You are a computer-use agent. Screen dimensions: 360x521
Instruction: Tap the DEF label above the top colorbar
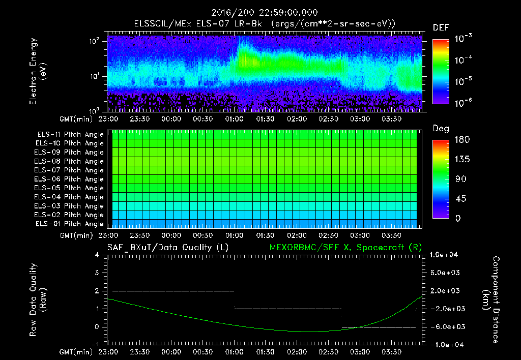tap(441, 27)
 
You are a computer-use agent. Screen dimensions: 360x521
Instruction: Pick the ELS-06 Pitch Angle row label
tap(69, 179)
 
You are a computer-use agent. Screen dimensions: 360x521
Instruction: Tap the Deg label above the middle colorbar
tap(441, 129)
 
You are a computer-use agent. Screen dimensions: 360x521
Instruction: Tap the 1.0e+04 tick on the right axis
tap(445, 255)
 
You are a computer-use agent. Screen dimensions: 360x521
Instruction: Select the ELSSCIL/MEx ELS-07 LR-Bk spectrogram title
tap(264, 23)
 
